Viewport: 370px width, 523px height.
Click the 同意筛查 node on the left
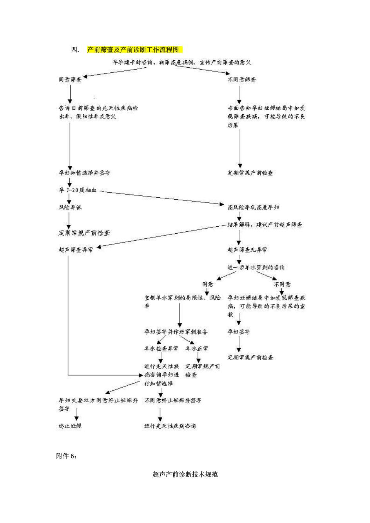[70, 79]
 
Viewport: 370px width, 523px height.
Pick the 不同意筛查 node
[242, 79]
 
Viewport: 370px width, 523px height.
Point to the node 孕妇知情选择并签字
[87, 173]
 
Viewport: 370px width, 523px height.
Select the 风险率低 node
[70, 207]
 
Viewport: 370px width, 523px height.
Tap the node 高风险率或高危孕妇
[254, 207]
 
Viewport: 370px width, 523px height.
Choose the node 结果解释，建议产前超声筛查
[265, 225]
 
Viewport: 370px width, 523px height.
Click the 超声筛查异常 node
[76, 250]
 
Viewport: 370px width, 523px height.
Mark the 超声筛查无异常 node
[247, 250]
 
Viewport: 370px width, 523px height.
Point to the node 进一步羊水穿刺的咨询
[256, 267]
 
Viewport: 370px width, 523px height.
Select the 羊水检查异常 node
[161, 348]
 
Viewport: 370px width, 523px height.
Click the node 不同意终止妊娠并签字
[173, 400]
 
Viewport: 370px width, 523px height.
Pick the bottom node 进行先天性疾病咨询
[170, 426]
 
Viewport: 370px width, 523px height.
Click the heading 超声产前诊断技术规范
[185, 474]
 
